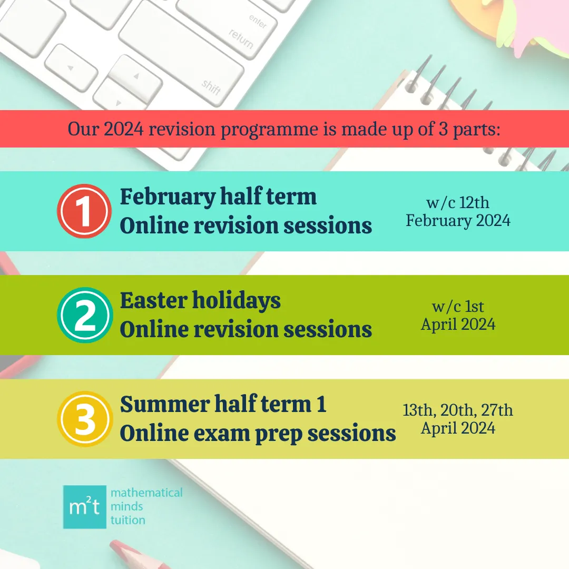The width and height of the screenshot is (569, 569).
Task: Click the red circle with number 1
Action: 84,211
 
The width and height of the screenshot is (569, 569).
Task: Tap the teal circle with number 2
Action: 85,315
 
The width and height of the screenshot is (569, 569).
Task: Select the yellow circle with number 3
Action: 85,419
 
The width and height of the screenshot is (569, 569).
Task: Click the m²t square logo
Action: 84,507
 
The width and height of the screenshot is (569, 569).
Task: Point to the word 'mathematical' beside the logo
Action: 146,493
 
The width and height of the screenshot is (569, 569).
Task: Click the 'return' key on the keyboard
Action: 241,39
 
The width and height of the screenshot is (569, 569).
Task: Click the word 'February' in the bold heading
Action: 168,197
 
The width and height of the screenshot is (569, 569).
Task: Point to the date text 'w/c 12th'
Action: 458,202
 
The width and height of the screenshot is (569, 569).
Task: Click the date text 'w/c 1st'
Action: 458,307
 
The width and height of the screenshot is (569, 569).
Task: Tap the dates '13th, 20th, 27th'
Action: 458,410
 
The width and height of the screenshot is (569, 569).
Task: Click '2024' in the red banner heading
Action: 124,129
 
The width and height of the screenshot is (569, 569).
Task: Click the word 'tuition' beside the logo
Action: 127,520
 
